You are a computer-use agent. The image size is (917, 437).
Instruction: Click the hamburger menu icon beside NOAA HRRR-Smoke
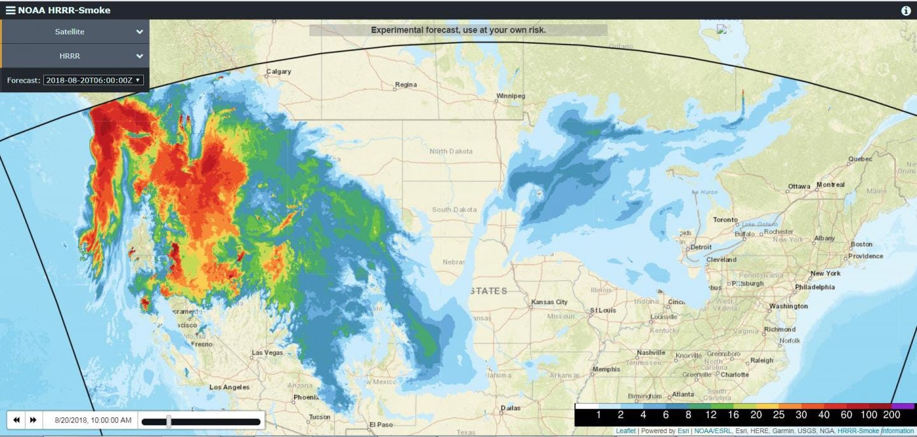10,10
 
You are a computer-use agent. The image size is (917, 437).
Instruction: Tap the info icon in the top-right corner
906,11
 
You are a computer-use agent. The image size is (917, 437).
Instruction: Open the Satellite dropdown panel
75,32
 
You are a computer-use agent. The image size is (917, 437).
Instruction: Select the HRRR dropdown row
75,56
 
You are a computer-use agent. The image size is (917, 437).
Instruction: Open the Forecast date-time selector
93,80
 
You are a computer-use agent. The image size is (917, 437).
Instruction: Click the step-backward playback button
17,420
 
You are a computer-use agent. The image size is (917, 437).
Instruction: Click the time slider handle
169,421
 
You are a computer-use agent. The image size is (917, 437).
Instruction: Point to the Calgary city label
278,72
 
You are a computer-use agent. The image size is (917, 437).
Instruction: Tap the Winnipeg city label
511,96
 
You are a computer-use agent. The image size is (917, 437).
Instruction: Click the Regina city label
406,85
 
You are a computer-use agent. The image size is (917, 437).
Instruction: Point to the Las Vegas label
267,352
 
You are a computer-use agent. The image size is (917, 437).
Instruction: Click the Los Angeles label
229,387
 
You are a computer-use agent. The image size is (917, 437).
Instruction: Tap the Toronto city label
725,219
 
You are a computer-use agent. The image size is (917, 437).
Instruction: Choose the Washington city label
788,306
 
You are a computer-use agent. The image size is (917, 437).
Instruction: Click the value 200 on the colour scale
892,415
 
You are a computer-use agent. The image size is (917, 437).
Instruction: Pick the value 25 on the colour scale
779,415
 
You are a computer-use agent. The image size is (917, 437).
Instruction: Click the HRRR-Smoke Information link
876,431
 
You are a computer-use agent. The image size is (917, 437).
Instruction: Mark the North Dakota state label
451,151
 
